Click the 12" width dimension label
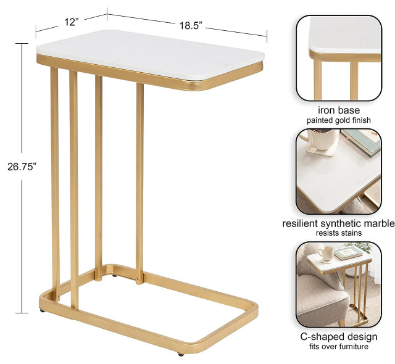click(71, 22)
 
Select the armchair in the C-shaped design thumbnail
click(318, 296)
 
